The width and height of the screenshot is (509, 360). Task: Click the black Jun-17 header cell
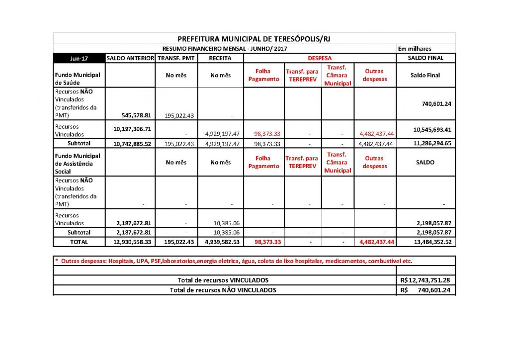point(80,58)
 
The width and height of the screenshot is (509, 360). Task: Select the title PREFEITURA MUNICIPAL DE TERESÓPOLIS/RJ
point(254,39)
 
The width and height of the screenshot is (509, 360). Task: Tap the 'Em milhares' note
point(415,49)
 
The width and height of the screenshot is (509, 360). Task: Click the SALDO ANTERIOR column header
point(131,58)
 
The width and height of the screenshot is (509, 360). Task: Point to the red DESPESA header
point(320,58)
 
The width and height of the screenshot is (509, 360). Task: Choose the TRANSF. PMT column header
point(176,58)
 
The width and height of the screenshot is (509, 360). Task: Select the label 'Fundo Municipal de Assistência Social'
point(79,163)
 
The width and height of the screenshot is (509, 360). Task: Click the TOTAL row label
point(79,242)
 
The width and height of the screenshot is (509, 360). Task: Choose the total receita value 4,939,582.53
point(220,242)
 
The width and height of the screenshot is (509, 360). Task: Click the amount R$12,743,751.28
point(425,280)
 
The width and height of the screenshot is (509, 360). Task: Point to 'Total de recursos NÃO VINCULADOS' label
point(223,290)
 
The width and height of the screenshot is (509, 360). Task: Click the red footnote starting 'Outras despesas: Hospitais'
point(234,261)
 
